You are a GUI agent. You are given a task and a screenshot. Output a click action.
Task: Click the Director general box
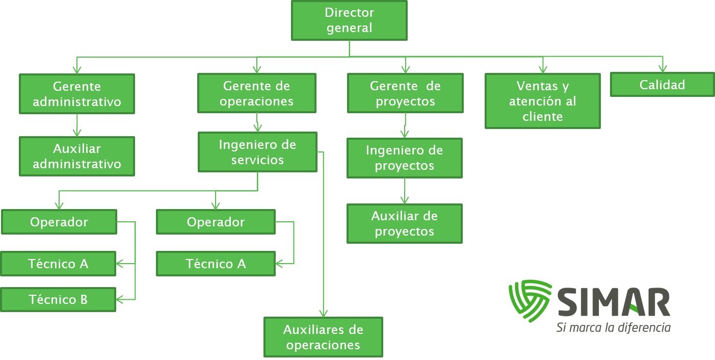click(x=349, y=20)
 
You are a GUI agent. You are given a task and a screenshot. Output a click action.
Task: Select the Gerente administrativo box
click(x=77, y=94)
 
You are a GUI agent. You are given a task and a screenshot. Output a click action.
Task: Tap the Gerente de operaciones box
click(x=257, y=93)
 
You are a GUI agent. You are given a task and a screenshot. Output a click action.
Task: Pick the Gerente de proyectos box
click(x=405, y=93)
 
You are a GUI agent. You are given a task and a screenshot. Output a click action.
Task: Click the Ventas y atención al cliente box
click(x=543, y=101)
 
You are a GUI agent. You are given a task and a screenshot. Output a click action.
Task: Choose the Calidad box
click(x=663, y=85)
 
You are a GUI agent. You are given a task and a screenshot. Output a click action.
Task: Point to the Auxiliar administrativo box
click(x=77, y=156)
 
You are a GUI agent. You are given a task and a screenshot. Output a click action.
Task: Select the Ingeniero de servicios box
click(x=257, y=152)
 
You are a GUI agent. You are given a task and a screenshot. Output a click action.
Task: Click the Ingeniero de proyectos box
click(x=405, y=158)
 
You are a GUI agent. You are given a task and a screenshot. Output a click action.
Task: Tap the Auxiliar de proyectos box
click(x=405, y=224)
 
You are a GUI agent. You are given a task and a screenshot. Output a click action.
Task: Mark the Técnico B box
click(x=58, y=299)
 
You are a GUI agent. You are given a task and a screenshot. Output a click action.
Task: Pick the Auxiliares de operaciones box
click(x=323, y=337)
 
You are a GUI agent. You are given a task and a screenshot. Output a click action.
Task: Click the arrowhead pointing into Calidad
click(x=663, y=68)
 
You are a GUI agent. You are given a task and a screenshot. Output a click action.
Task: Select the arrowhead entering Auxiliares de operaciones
click(x=323, y=313)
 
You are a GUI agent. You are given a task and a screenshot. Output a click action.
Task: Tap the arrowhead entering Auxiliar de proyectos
click(x=405, y=200)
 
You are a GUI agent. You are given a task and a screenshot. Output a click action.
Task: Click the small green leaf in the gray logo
click(x=634, y=310)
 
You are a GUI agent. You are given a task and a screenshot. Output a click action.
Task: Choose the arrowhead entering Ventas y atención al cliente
click(x=543, y=69)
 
